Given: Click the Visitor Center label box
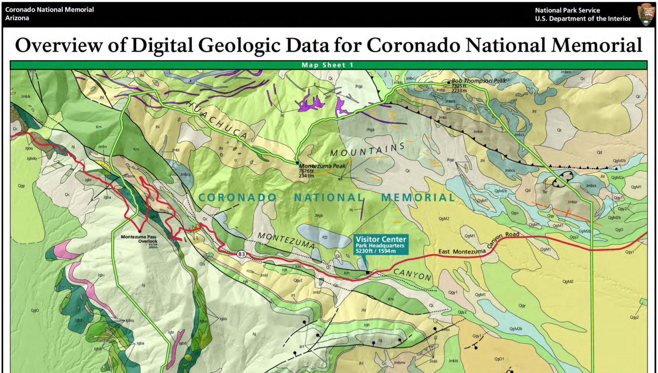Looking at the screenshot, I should [x=381, y=245].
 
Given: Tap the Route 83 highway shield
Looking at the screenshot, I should [x=241, y=254].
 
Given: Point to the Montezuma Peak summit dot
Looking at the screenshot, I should [x=297, y=163].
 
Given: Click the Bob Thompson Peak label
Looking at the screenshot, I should [x=478, y=81].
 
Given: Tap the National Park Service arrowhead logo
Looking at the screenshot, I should [x=646, y=15].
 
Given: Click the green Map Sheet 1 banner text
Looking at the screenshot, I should [x=328, y=65].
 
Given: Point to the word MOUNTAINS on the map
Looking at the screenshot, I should [x=367, y=150].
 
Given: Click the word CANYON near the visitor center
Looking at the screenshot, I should [x=412, y=274].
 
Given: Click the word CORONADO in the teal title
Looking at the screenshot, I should [x=237, y=197].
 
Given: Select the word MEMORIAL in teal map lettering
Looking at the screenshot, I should [x=418, y=197].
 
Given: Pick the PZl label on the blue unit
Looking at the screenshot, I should [x=325, y=237].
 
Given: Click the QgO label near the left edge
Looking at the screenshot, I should [x=35, y=310].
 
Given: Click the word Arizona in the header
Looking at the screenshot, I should [x=17, y=18].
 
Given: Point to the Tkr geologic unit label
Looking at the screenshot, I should [x=545, y=192].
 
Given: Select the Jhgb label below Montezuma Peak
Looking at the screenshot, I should [x=319, y=216].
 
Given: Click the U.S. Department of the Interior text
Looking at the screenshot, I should [x=583, y=19].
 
